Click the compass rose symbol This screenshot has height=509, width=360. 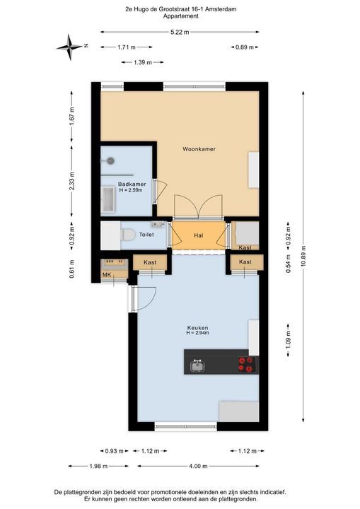(71, 46)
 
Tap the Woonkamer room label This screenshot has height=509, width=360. (199, 149)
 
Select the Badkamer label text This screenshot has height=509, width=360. (131, 184)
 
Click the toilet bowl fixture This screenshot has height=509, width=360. (128, 234)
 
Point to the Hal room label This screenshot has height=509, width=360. (199, 234)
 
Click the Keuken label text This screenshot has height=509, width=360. (197, 327)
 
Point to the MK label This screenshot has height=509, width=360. (107, 274)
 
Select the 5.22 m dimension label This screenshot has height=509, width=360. (180, 32)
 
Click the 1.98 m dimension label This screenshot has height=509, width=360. (99, 466)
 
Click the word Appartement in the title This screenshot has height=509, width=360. (180, 16)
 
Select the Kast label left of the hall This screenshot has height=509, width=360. (150, 262)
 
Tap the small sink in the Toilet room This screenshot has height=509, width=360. (157, 224)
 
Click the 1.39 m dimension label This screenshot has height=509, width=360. (144, 63)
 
